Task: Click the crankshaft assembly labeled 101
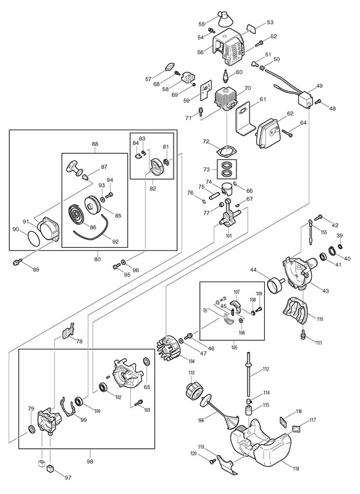coord(228,216)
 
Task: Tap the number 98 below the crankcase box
coord(91,461)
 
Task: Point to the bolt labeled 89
coord(17,261)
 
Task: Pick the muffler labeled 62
coord(270,135)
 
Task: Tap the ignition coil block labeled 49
coord(306,100)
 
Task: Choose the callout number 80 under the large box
coord(98,259)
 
